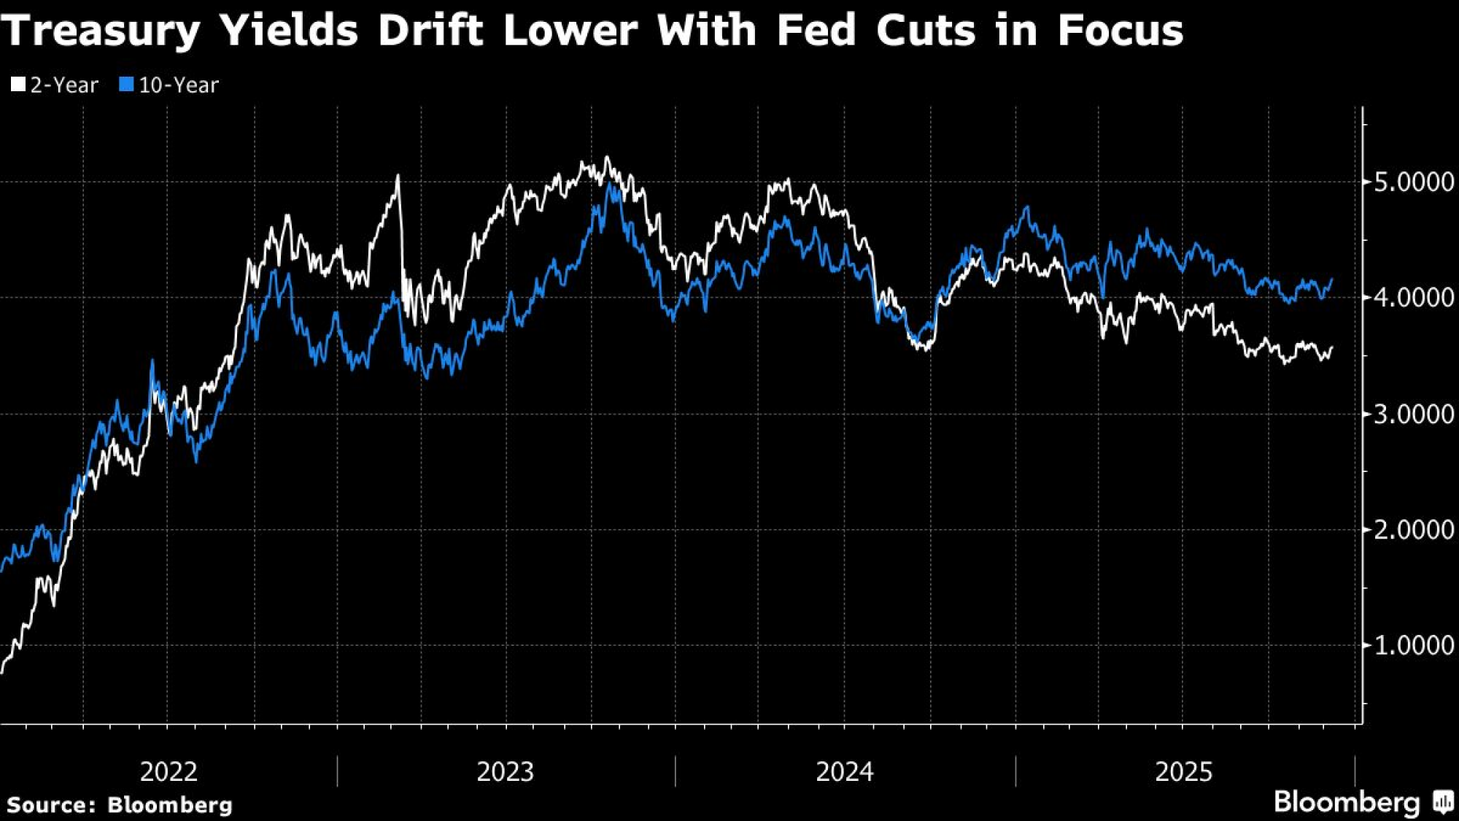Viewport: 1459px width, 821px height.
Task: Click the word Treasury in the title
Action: click(x=101, y=31)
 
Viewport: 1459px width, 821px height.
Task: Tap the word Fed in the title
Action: click(x=816, y=31)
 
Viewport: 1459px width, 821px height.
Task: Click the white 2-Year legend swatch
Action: click(x=18, y=85)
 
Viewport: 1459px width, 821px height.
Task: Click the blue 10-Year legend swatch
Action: click(x=127, y=85)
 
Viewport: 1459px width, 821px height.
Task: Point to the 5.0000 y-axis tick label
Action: click(x=1414, y=182)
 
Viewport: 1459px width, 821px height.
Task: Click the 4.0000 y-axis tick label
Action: click(x=1414, y=298)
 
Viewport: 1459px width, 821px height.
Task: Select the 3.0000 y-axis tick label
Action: click(x=1414, y=414)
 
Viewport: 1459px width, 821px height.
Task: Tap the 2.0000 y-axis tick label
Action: click(x=1414, y=530)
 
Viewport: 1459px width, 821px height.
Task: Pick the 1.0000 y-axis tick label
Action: click(x=1414, y=645)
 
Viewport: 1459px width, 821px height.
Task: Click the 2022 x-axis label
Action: click(x=169, y=771)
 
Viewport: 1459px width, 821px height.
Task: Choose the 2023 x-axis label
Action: click(x=505, y=771)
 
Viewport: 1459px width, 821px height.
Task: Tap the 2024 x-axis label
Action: click(x=844, y=771)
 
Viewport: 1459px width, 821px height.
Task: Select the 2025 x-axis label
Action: click(x=1183, y=771)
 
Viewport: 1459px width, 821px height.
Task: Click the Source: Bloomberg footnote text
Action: click(x=120, y=805)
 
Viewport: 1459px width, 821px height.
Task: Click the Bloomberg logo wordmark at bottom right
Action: click(x=1347, y=802)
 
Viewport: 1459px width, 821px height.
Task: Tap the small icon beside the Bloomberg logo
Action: click(x=1443, y=802)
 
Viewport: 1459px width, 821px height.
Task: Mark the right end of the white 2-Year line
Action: click(x=1332, y=348)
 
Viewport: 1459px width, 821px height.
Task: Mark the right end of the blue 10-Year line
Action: click(x=1332, y=279)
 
